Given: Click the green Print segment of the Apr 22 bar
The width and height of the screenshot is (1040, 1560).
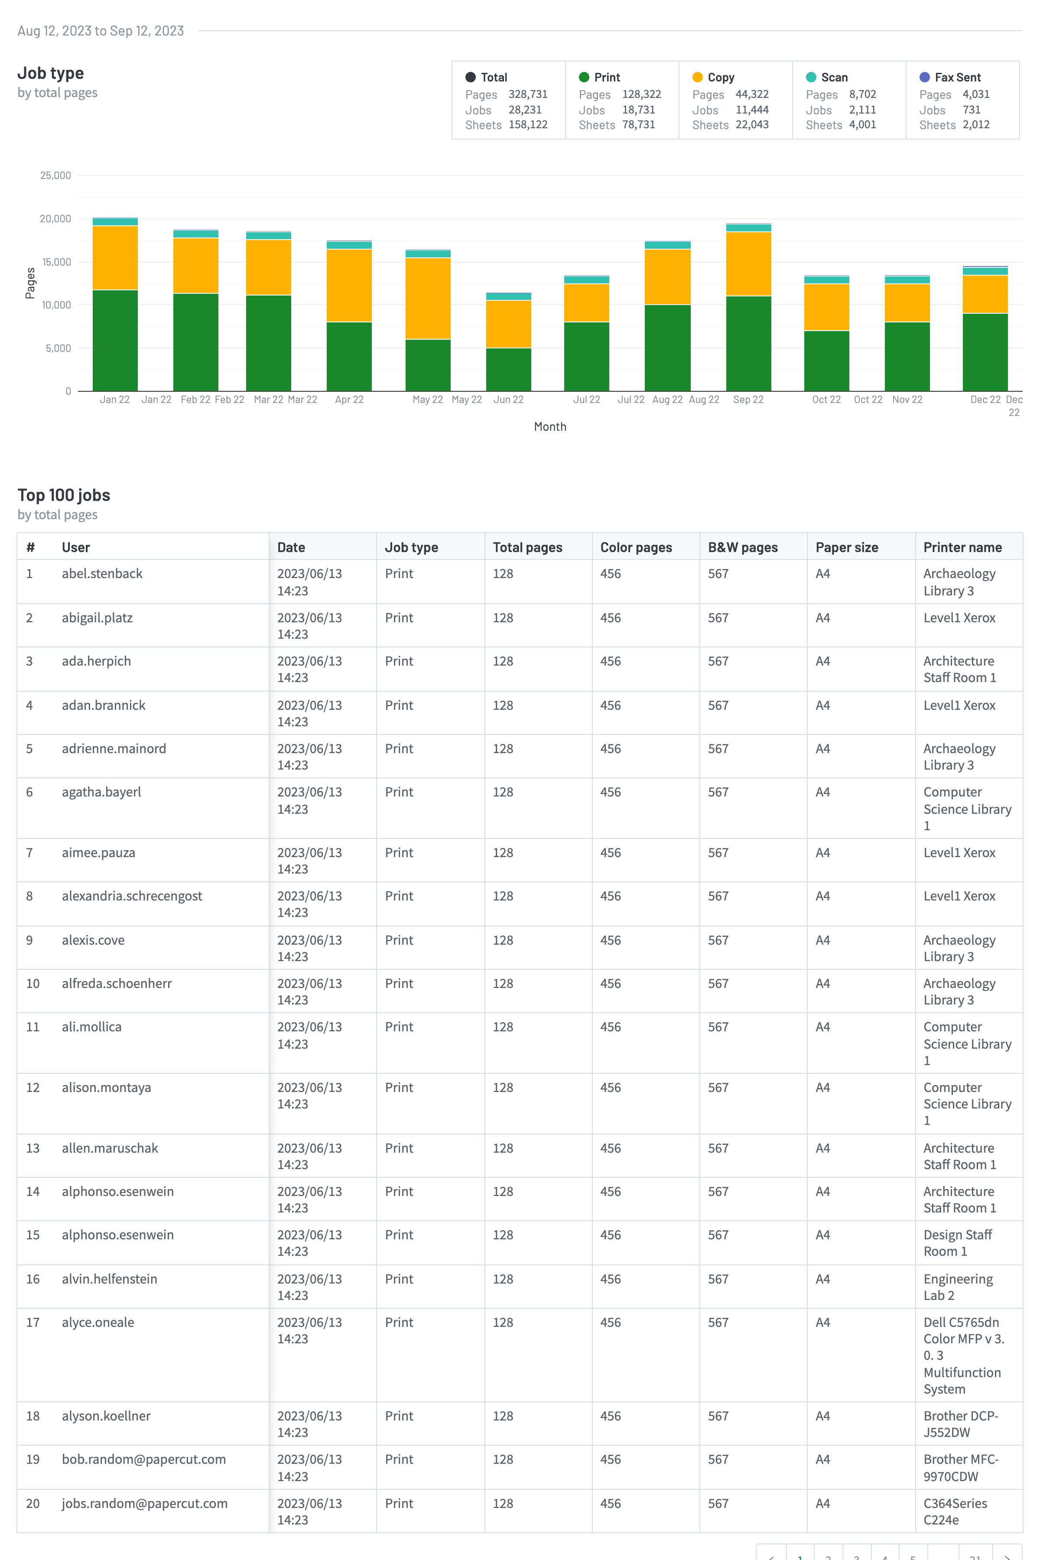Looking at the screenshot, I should (x=349, y=356).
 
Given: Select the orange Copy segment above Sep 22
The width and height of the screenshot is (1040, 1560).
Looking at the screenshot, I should (x=748, y=263).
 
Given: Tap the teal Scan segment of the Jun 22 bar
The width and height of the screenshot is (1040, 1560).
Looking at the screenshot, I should (x=508, y=296).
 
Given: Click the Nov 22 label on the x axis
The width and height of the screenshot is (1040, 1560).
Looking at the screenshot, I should (x=907, y=399).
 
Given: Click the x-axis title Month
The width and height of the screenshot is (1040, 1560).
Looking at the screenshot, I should (x=550, y=426).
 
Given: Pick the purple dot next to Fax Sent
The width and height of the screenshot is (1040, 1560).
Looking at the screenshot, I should (x=924, y=77).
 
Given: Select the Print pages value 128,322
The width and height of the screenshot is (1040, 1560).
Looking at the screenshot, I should (x=641, y=94).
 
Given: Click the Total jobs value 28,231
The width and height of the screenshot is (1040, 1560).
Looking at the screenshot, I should (x=525, y=110).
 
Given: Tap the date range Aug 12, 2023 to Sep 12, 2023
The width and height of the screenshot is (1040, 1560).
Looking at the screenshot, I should (x=100, y=30).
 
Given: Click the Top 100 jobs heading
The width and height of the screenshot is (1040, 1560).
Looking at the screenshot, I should (x=64, y=495).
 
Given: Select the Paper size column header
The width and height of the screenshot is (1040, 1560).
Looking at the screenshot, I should (x=846, y=547).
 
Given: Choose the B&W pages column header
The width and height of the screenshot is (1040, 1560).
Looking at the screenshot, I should (x=742, y=547).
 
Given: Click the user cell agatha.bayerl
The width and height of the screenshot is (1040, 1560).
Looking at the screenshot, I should (x=101, y=792).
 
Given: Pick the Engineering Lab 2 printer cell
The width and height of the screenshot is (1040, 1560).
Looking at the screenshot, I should (x=958, y=1287).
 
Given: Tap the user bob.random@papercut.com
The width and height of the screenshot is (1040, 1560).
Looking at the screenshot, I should (x=144, y=1459).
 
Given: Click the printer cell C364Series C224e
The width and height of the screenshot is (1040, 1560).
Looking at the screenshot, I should (x=955, y=1511).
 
